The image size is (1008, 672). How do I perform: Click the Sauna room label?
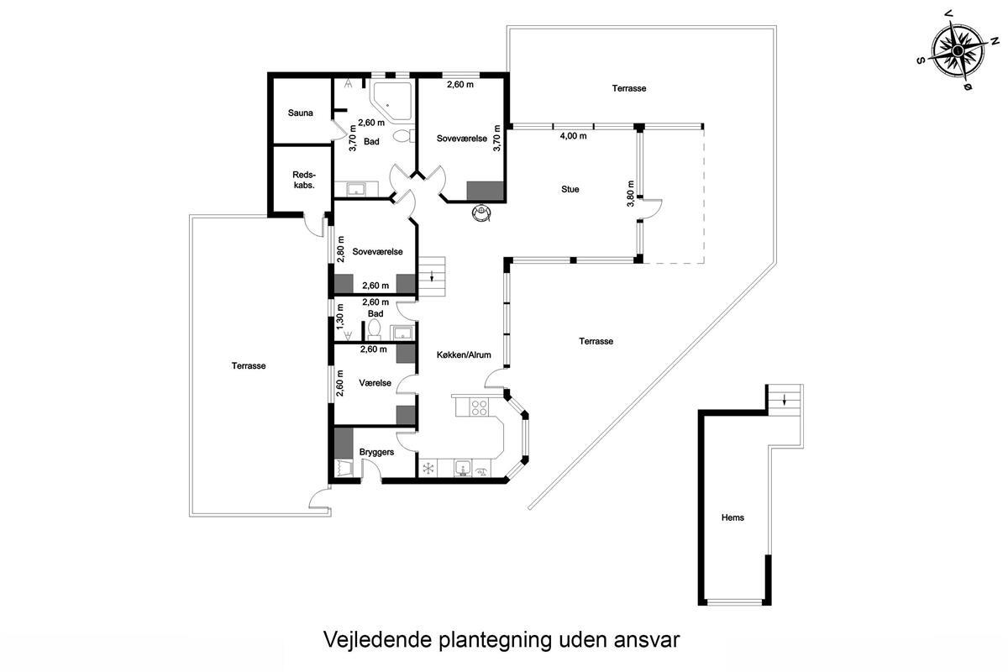click(x=300, y=113)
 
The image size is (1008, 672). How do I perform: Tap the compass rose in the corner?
click(x=958, y=50)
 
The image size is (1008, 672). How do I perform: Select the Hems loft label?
click(x=732, y=517)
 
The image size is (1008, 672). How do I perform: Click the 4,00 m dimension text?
click(x=573, y=136)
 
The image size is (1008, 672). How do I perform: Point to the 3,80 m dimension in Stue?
click(x=631, y=193)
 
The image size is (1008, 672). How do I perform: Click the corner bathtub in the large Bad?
click(x=391, y=101)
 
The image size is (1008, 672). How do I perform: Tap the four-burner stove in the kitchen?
click(x=479, y=407)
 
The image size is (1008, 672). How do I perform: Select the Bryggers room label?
click(x=376, y=452)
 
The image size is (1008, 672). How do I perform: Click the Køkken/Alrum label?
click(x=464, y=355)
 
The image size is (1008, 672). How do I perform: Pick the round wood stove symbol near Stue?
click(x=481, y=213)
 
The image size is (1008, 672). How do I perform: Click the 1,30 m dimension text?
click(x=340, y=316)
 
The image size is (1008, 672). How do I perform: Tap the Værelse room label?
click(x=375, y=383)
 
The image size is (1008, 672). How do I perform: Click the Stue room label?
click(x=570, y=190)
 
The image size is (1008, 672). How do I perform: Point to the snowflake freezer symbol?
click(x=428, y=469)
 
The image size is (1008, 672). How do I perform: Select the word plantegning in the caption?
click(x=495, y=639)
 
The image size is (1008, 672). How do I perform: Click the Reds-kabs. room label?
click(x=304, y=180)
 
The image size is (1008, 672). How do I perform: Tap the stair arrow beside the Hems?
click(x=785, y=399)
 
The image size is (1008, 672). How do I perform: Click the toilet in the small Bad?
click(x=374, y=329)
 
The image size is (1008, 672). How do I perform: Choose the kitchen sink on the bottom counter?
click(x=462, y=468)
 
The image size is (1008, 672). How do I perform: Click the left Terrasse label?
click(x=249, y=366)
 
